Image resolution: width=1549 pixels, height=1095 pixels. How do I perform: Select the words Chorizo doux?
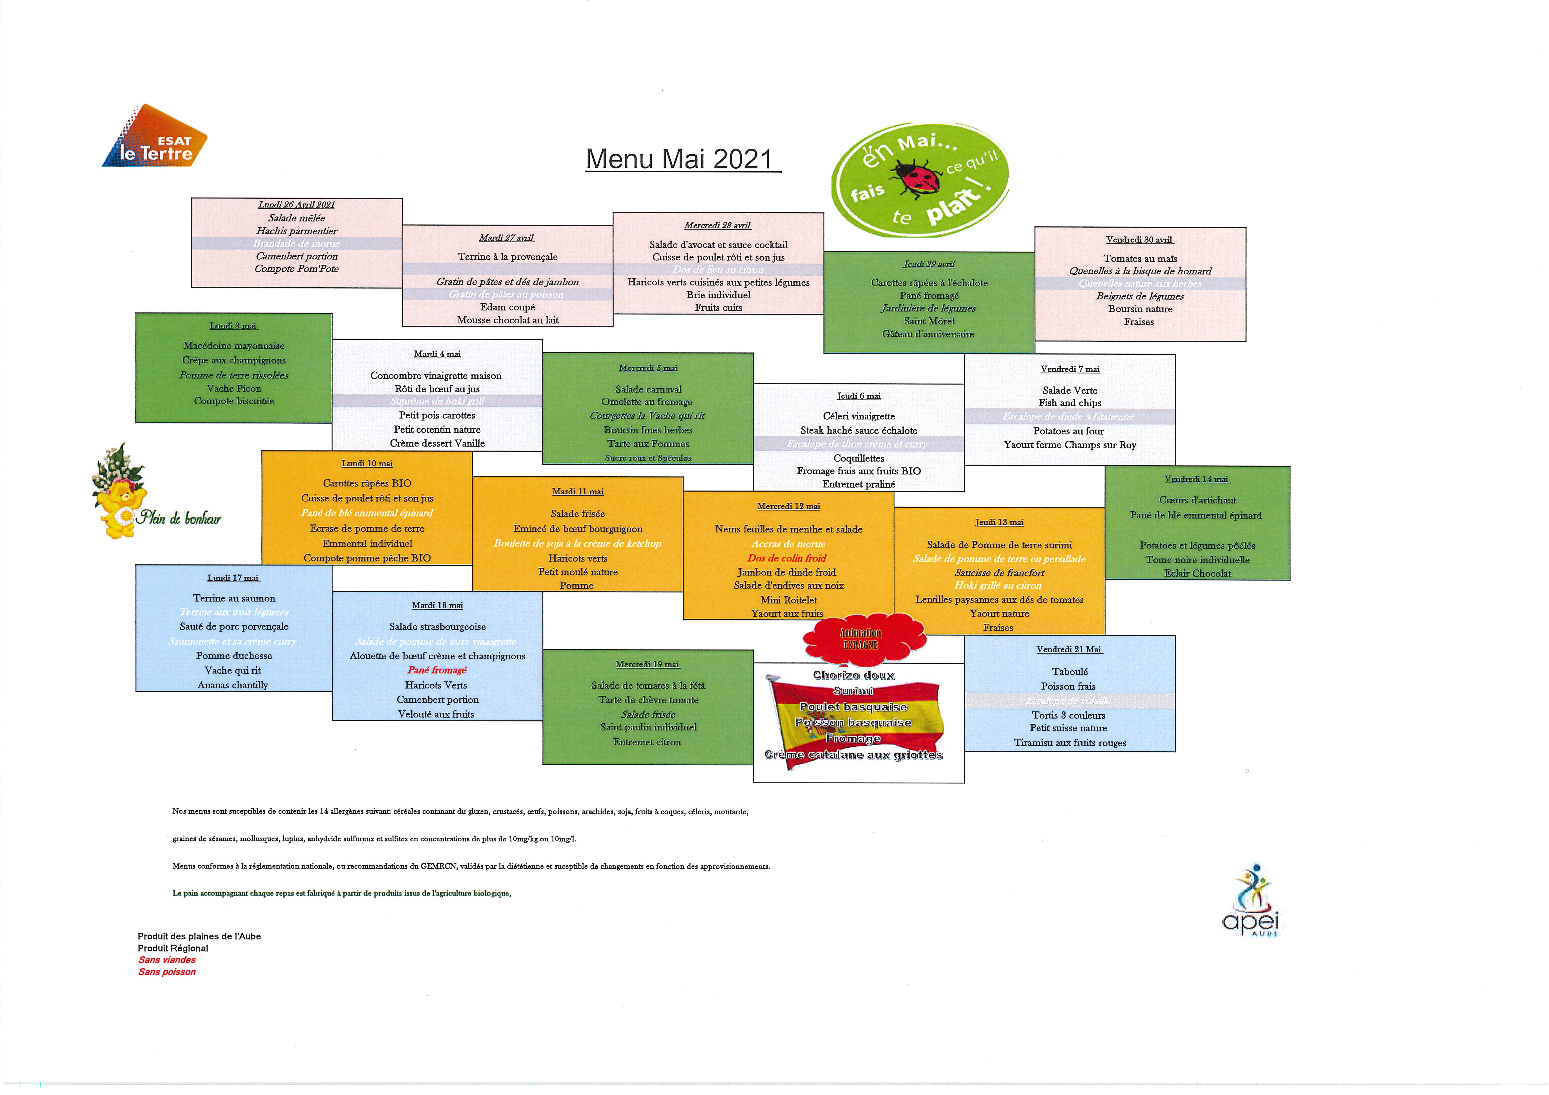(854, 675)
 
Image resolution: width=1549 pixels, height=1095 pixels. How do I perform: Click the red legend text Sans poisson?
(167, 972)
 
